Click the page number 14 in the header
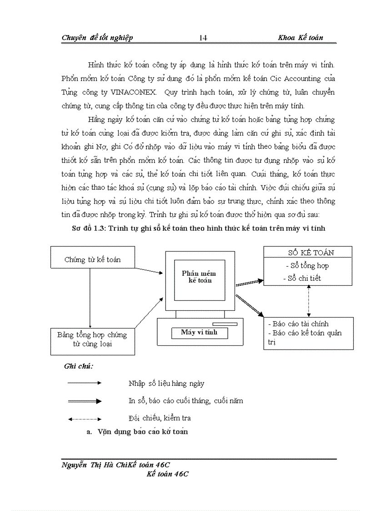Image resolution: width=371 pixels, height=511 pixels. [203, 38]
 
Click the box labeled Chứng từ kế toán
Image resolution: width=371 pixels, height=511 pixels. [93, 260]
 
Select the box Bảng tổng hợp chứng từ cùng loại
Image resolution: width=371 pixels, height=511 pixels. [92, 339]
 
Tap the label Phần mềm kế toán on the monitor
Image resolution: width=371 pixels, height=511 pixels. [199, 277]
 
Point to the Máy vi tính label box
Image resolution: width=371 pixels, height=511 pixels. [199, 332]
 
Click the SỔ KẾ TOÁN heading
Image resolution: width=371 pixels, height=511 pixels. [308, 253]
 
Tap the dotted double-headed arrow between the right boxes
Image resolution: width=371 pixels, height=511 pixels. [309, 301]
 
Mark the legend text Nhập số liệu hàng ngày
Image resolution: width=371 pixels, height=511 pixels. [166, 384]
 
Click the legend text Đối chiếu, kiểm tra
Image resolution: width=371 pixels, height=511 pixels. [159, 418]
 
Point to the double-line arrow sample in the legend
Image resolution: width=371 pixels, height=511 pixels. [85, 401]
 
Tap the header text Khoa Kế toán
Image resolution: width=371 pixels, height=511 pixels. [300, 38]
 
